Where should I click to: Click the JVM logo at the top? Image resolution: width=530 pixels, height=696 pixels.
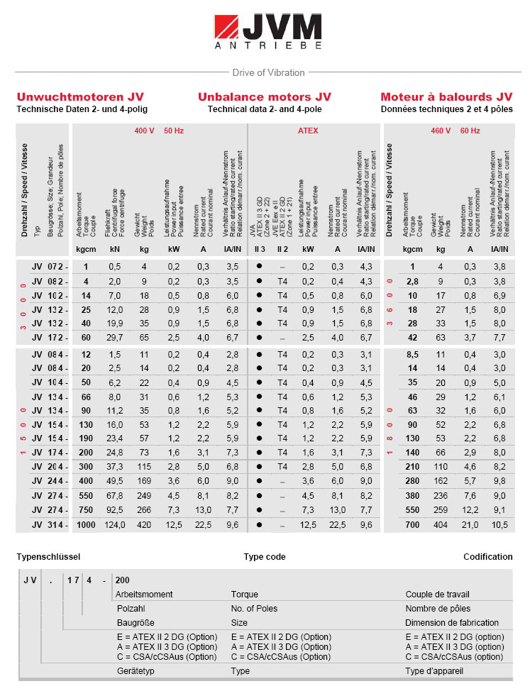(267, 33)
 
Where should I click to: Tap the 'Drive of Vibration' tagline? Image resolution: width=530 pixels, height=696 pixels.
(268, 72)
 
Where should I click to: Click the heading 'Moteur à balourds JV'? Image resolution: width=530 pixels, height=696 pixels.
(446, 96)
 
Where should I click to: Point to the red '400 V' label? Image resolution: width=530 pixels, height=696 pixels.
(145, 131)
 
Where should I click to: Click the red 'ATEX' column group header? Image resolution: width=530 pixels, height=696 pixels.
(308, 131)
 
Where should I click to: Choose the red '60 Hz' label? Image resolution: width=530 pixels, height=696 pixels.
(470, 131)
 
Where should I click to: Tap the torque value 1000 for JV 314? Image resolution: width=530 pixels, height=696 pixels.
(86, 525)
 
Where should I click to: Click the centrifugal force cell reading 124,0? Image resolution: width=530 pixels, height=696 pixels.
(115, 525)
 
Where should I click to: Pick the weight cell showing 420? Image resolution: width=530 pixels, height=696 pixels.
(144, 525)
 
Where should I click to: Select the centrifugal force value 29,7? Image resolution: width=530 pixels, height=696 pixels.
(115, 338)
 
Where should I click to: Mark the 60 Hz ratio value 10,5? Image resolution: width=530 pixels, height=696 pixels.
(499, 525)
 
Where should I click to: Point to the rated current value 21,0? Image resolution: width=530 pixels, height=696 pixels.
(470, 525)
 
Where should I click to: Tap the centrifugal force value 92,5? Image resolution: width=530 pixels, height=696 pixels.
(115, 509)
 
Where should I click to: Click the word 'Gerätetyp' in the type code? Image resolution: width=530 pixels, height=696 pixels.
(136, 670)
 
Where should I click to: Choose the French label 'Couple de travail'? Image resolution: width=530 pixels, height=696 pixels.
(438, 595)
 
